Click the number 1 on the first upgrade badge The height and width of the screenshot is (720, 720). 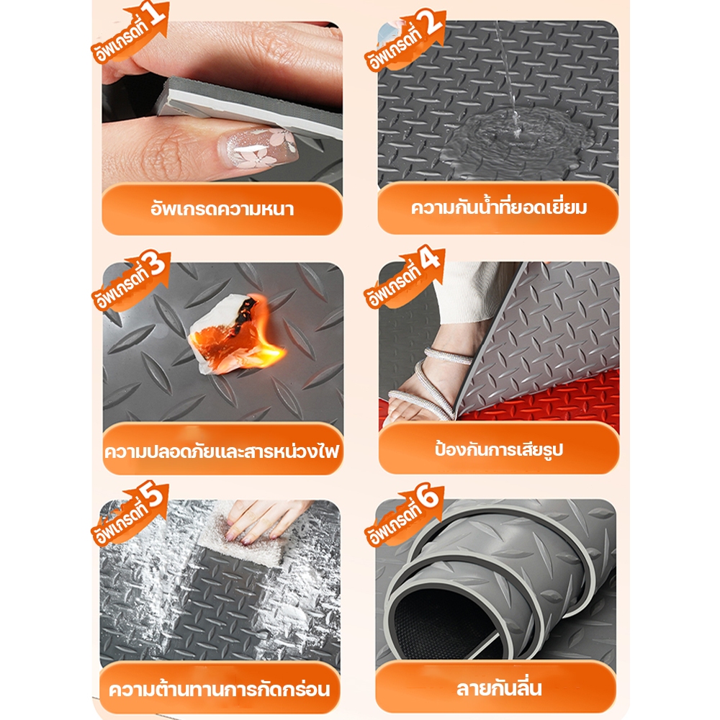(x=156, y=14)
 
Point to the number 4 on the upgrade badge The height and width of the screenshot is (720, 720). (x=431, y=258)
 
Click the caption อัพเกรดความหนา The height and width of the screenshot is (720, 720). (x=222, y=210)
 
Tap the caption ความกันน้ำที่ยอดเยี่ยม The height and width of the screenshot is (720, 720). (x=499, y=207)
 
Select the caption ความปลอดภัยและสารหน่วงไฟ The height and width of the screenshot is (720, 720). (x=222, y=451)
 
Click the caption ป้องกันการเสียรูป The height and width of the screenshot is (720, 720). (x=499, y=449)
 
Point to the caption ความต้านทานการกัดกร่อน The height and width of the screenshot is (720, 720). (x=220, y=688)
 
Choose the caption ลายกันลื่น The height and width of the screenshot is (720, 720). (x=499, y=688)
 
